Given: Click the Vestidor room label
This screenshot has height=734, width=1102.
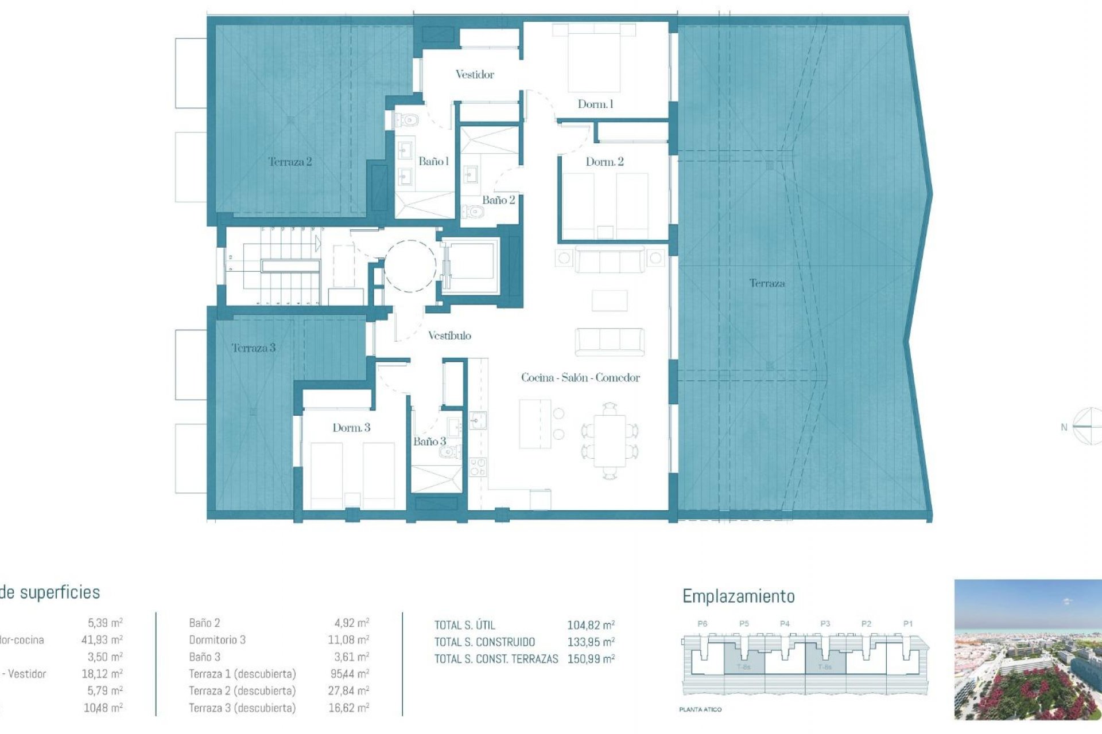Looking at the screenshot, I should click(x=475, y=75).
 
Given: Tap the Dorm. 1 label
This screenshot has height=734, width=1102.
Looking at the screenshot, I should click(x=595, y=104).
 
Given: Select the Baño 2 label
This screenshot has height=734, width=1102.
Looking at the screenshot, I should click(x=498, y=200).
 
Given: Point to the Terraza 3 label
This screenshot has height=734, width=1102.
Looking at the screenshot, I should click(x=253, y=348).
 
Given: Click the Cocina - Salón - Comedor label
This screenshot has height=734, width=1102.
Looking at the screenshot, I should click(x=580, y=378).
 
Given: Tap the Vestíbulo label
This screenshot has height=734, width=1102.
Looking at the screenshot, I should click(x=449, y=336).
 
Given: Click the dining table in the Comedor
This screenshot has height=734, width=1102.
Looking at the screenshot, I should click(x=610, y=441).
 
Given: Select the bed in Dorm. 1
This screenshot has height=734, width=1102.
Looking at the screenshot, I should click(x=594, y=57).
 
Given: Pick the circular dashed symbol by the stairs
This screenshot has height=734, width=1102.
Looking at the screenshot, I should click(x=410, y=266).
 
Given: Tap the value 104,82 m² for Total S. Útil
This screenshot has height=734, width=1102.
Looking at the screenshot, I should click(x=591, y=626).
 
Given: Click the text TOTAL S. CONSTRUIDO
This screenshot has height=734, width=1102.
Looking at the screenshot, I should click(x=484, y=642).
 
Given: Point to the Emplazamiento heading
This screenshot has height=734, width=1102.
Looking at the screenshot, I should click(x=738, y=596).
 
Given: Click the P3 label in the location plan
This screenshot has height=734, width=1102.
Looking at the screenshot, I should click(x=825, y=624).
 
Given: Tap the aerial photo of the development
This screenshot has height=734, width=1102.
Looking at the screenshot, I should click(x=1027, y=649).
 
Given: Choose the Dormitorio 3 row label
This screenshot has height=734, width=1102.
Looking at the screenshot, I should click(x=217, y=640).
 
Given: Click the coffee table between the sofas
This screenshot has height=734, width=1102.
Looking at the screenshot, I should click(x=609, y=300).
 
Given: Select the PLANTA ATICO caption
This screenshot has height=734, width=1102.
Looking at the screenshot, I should click(x=700, y=710).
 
